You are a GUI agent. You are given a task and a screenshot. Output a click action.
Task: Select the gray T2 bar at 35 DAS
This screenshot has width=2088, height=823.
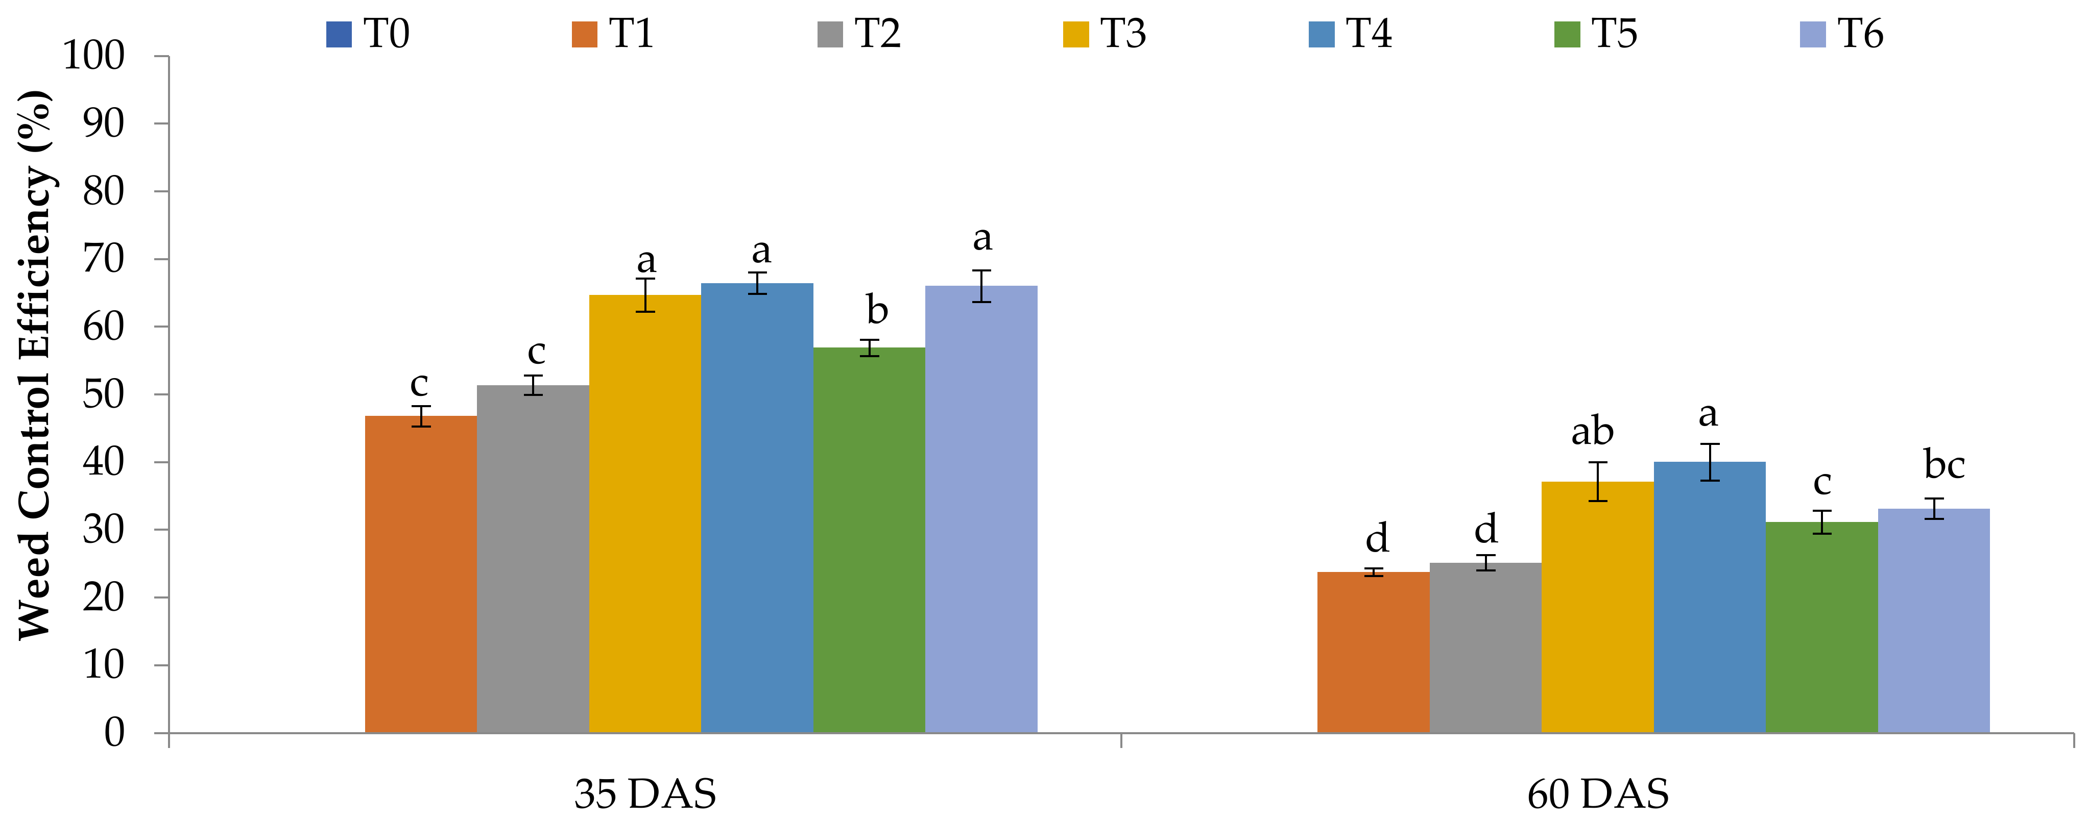point(533,558)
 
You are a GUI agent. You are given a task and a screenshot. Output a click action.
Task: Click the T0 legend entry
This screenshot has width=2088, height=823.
point(368,34)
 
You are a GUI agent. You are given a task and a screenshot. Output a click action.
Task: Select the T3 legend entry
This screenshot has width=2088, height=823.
point(1104,34)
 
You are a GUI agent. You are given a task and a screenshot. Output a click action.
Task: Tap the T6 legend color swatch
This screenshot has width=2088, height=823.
point(1812,35)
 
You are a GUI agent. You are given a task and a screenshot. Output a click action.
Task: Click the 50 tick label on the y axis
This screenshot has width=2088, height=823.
point(104,394)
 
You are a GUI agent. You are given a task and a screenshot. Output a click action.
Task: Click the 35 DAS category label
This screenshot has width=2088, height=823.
point(645,794)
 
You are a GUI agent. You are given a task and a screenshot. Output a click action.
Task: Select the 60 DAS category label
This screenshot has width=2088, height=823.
point(1598,794)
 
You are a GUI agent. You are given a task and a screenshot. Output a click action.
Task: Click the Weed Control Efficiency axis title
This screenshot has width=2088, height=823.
point(34,364)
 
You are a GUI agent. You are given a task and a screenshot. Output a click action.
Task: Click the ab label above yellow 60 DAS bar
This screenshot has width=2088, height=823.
point(1592,432)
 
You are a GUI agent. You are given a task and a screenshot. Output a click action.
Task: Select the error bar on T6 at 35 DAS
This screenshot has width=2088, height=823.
point(981,286)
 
